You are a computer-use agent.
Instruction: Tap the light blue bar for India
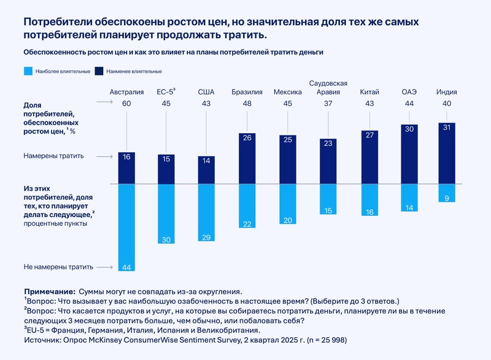pyautogui.click(x=446, y=193)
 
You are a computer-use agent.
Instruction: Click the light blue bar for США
pyautogui.click(x=206, y=212)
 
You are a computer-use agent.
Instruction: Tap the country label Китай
pyautogui.click(x=369, y=92)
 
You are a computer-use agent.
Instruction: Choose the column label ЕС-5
pyautogui.click(x=166, y=92)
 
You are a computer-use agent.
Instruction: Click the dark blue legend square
pyautogui.click(x=99, y=71)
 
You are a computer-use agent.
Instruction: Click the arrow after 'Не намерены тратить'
pyautogui.click(x=106, y=267)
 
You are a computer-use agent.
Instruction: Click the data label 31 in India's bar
pyautogui.click(x=446, y=128)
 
